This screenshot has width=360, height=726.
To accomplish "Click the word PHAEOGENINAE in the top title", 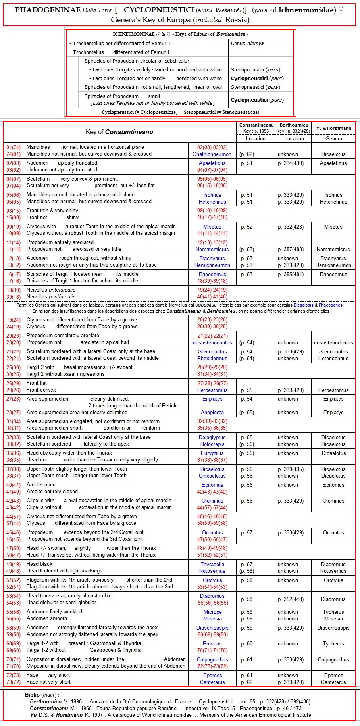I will (48, 10).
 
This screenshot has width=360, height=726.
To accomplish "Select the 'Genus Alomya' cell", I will (247, 44).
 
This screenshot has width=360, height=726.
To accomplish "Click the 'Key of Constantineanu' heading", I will (119, 132).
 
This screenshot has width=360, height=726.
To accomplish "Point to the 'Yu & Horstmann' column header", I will (333, 128).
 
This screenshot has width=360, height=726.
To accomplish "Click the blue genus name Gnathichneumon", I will (212, 154).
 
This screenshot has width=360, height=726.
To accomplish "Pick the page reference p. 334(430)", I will (294, 163).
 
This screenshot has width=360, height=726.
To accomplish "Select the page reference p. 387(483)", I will (294, 249).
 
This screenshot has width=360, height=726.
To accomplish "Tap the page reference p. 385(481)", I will (294, 274).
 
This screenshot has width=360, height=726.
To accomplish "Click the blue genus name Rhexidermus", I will (212, 358).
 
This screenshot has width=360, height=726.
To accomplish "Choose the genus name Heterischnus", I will (333, 358).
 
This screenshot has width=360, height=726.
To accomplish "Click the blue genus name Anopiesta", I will (212, 413).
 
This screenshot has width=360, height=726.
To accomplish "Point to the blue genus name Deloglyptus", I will (212, 437).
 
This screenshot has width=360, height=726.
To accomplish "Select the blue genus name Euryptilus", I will (212, 453).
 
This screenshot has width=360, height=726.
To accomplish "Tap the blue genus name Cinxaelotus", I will (212, 476).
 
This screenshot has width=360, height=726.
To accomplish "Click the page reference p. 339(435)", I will (294, 469).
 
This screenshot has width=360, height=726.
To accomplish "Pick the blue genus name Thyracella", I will (212, 564).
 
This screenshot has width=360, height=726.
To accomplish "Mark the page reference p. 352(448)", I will (294, 599).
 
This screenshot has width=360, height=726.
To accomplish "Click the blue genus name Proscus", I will (212, 643).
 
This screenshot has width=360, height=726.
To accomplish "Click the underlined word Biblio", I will (32, 695).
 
